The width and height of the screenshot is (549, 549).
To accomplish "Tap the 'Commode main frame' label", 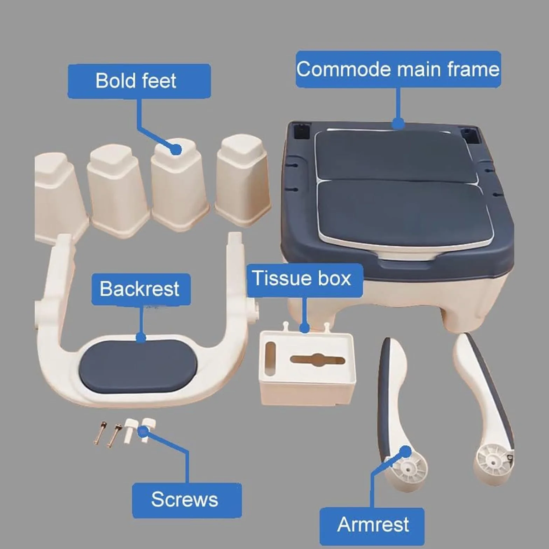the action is point(398,69).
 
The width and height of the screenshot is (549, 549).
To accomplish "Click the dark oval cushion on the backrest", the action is point(138,367).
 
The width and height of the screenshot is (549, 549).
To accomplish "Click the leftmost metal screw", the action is point(99,432).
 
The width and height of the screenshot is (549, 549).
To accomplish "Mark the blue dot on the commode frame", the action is point(398,123).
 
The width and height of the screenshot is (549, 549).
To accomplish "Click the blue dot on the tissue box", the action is point(305,328).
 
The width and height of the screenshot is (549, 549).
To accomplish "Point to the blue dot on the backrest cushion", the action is point(141,338).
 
